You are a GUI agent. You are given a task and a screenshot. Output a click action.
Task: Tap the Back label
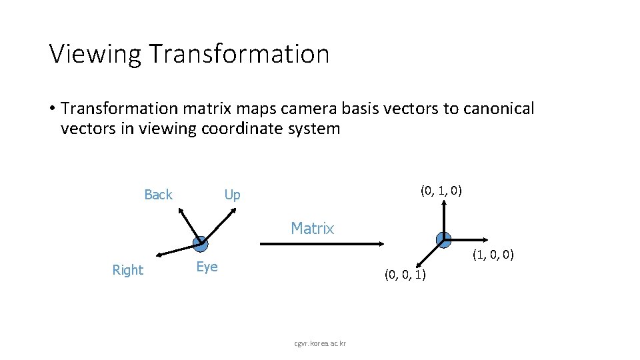coord(158,195)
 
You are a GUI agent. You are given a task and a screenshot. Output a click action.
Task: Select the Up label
coord(232,195)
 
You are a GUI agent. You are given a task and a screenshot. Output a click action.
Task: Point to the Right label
coord(127,270)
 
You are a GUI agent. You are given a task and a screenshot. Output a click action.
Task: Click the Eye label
coord(207,267)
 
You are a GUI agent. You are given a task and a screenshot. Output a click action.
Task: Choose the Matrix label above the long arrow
coord(312,229)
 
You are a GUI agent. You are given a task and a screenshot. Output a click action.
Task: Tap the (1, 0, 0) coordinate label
coord(493,255)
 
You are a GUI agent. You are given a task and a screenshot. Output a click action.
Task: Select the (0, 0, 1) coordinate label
coord(405,275)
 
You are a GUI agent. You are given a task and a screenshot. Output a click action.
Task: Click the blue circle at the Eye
coord(199,243)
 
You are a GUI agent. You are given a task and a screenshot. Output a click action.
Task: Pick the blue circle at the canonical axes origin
coord(443,239)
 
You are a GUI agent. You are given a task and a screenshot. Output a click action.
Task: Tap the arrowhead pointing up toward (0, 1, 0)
coord(443,205)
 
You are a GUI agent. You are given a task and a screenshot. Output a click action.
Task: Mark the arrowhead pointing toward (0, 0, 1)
coord(417,265)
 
